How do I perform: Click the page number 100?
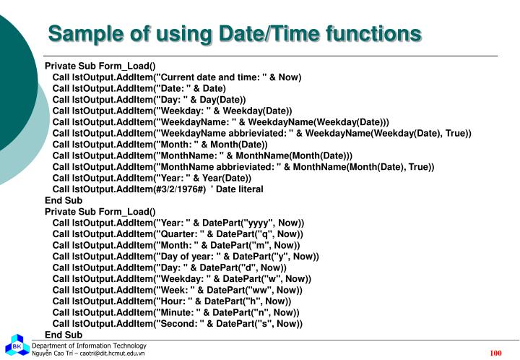pos(495,353)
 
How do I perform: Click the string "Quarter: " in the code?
pos(178,234)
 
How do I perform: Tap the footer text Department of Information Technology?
pos(89,346)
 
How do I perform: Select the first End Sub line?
pos(64,200)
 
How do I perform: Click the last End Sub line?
pos(64,335)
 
